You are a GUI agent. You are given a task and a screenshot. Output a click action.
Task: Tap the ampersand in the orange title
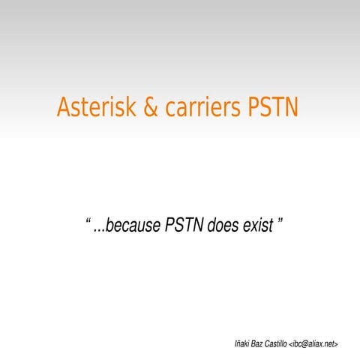point(151,108)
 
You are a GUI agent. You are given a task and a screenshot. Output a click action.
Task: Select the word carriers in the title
point(201,108)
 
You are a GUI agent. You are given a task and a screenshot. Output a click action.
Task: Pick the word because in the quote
point(133,225)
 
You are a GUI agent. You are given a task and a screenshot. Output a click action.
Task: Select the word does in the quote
point(223,225)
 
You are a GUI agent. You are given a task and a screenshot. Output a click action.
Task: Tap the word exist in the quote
point(257,225)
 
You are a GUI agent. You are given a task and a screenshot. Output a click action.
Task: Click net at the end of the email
point(329,343)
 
